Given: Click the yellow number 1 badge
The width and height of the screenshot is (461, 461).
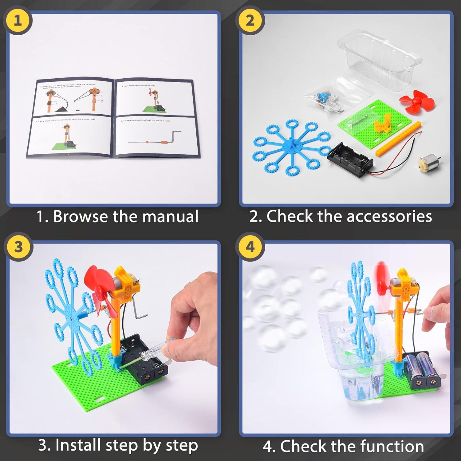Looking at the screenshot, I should pyautogui.click(x=18, y=21).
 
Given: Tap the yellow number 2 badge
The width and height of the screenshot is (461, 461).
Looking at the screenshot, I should pyautogui.click(x=250, y=21).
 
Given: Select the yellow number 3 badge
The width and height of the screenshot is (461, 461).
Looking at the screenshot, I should pyautogui.click(x=18, y=247).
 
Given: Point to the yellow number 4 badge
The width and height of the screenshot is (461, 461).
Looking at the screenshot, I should pyautogui.click(x=250, y=247).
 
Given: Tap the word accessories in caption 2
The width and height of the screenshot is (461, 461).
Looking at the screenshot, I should pyautogui.click(x=389, y=216).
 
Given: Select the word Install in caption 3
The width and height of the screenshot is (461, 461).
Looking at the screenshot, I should pyautogui.click(x=78, y=445).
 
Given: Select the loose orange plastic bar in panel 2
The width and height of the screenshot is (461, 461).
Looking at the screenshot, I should pyautogui.click(x=398, y=138).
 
